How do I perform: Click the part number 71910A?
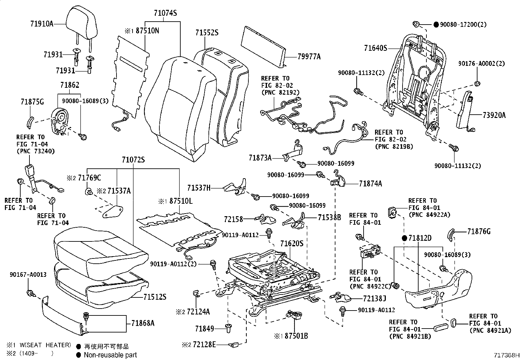click(42, 24)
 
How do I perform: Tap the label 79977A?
click(309, 57)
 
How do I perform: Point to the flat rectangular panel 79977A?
click(263, 47)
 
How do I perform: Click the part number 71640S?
click(376, 48)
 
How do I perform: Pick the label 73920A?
click(494, 115)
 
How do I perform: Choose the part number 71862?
click(70, 85)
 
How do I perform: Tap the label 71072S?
click(133, 160)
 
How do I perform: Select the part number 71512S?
click(155, 297)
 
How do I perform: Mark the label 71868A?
click(143, 323)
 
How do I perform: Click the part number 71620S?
click(292, 244)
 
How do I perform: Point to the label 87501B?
click(296, 336)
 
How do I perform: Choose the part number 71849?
click(205, 329)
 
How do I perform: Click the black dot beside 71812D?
click(404, 238)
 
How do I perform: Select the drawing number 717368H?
click(507, 355)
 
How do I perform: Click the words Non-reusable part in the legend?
click(110, 355)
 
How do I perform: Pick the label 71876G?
click(479, 232)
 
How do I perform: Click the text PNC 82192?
click(280, 92)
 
